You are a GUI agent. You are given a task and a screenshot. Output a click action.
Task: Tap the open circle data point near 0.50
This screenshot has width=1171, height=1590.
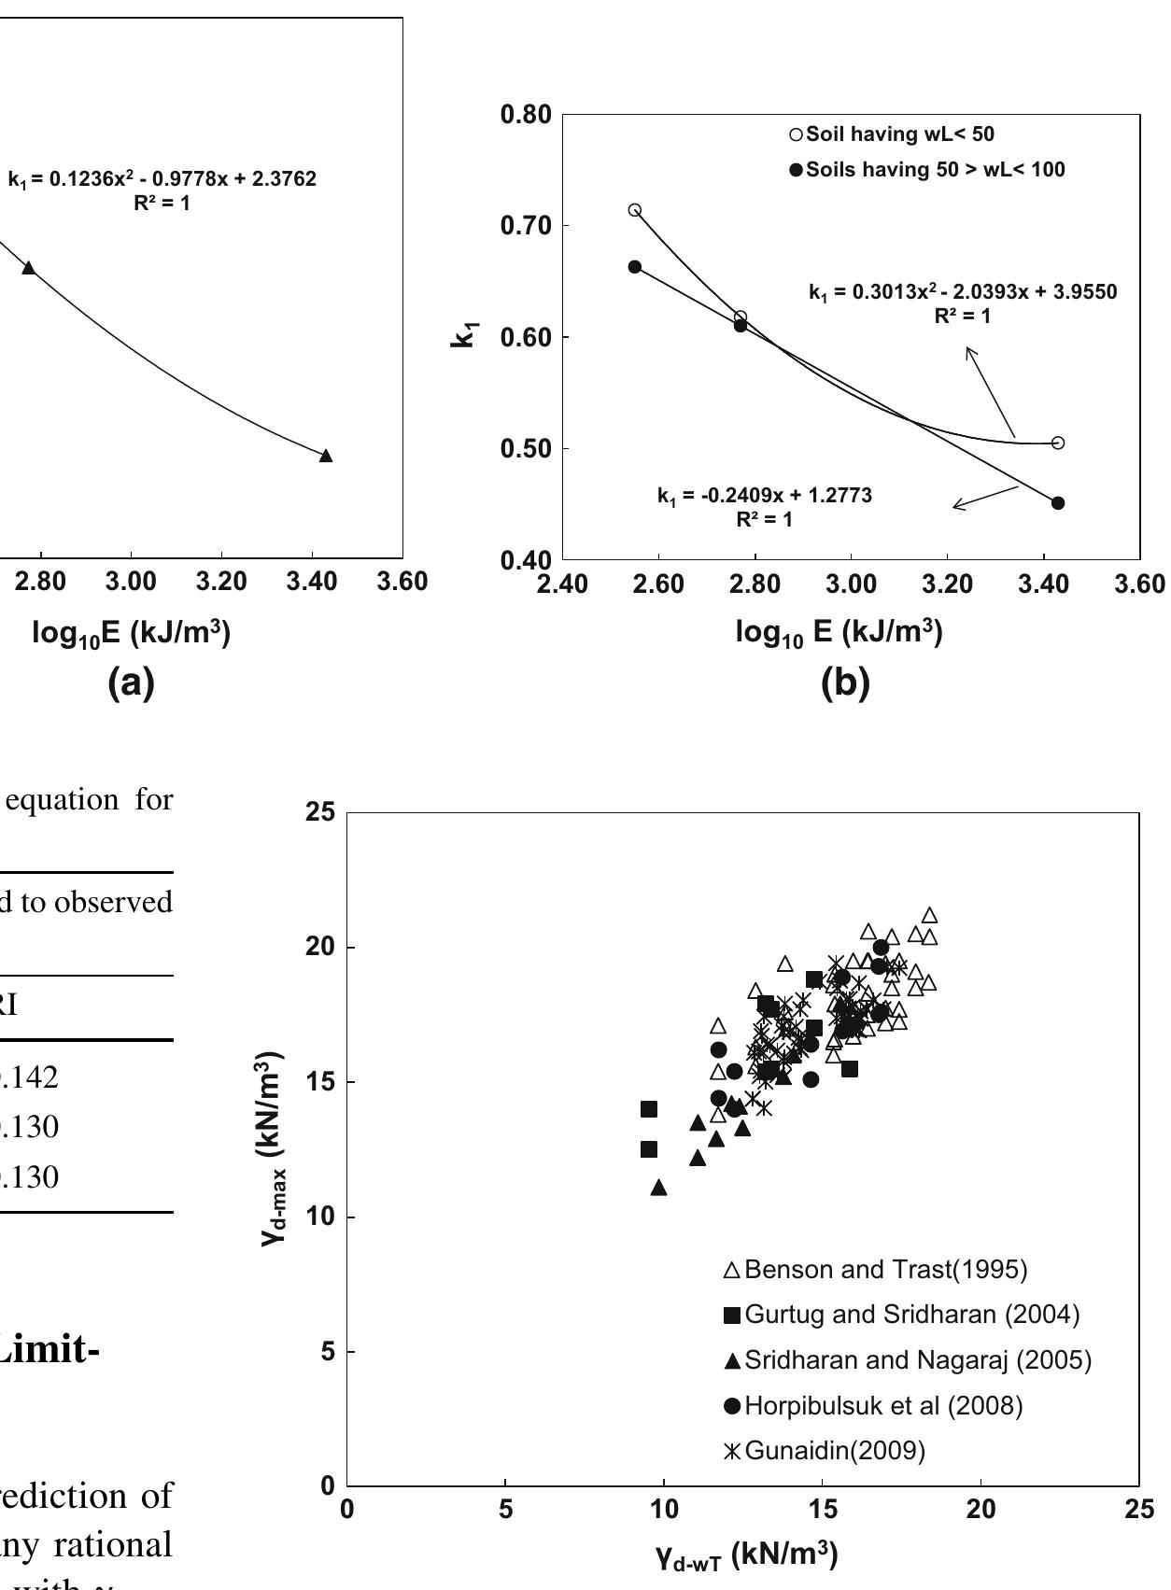1058,443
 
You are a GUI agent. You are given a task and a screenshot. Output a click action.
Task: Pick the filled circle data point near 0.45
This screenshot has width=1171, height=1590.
1058,503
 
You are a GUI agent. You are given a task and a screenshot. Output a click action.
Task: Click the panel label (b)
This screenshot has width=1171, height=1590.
844,684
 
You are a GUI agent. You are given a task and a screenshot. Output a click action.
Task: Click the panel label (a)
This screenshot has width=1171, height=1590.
131,684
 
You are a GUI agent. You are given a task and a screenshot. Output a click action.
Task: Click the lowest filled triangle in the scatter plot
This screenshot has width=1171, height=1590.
658,1188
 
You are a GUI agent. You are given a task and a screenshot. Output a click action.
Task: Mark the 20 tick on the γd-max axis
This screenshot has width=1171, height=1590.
321,948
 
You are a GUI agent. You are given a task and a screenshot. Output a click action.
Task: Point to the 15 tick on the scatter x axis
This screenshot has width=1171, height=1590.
822,1510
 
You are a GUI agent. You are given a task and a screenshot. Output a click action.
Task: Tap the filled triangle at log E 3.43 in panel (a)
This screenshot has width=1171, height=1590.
326,456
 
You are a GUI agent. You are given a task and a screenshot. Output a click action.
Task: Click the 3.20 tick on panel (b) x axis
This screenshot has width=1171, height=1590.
947,584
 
